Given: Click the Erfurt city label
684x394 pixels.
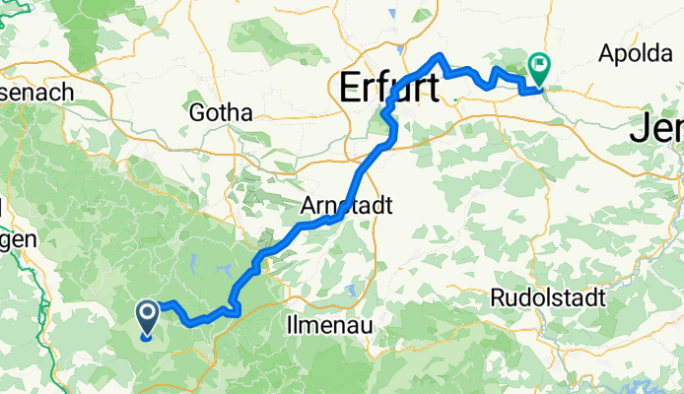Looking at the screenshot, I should point(388,88).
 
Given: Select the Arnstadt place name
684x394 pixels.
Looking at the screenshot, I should point(346,208).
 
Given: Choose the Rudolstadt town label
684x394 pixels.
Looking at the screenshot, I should point(547,297).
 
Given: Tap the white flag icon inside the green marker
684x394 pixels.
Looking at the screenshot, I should point(540,67).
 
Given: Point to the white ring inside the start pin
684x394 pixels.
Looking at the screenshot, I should point(148,314).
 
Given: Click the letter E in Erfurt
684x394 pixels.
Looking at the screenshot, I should point(352,88).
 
